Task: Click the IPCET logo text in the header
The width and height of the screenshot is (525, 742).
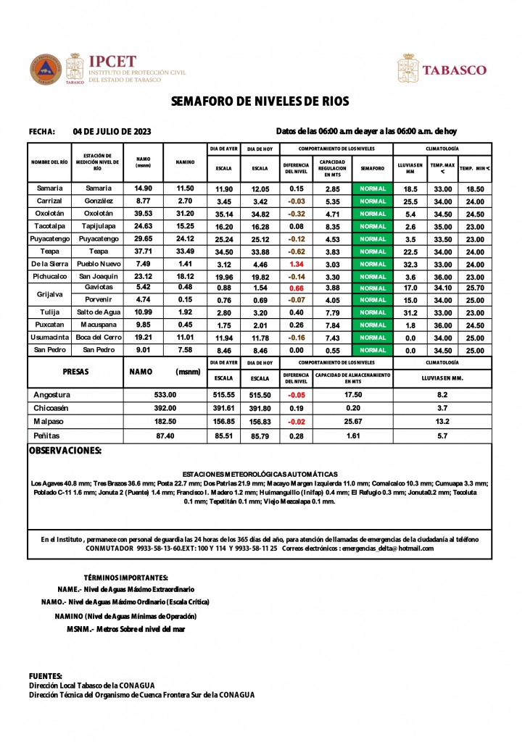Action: [x=112, y=62]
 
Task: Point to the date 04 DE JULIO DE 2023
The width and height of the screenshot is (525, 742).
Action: [x=112, y=131]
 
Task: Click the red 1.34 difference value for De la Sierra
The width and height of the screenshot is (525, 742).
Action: [x=296, y=264]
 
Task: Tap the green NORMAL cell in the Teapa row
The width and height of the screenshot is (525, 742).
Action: [x=372, y=251]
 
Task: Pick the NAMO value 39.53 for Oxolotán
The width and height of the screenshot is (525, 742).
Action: [x=144, y=214]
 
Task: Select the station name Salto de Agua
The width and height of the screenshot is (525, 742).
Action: [x=98, y=312]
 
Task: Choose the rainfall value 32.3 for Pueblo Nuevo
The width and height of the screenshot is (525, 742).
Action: [x=410, y=264]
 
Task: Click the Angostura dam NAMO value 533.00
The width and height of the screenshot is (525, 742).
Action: [x=165, y=395]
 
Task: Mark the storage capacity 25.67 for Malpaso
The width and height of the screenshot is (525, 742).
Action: [x=353, y=421]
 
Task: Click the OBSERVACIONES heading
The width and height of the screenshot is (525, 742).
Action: [x=65, y=451]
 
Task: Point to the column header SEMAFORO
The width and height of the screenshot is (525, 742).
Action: [x=372, y=168]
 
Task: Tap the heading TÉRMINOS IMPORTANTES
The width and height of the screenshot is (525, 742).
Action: [x=126, y=578]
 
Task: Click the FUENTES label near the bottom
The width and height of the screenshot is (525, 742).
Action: [x=45, y=675]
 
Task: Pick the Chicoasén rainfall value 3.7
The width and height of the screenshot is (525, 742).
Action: [x=442, y=408]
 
